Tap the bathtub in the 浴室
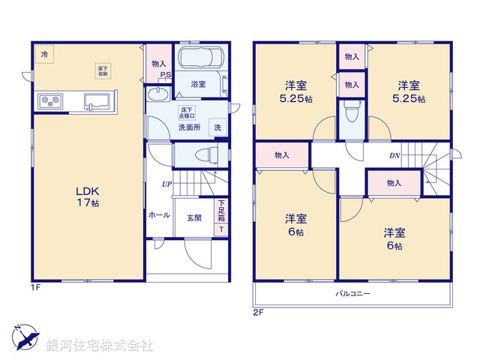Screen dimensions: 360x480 pyautogui.click(x=198, y=58)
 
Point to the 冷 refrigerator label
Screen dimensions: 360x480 pyautogui.click(x=44, y=55)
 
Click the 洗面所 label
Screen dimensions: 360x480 pyautogui.click(x=188, y=127)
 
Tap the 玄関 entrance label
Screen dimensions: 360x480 pyautogui.click(x=194, y=217)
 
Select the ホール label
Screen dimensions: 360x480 pyautogui.click(x=158, y=214)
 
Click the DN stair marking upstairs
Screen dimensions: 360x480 pyautogui.click(x=394, y=156)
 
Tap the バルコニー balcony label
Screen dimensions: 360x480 pyautogui.click(x=352, y=293)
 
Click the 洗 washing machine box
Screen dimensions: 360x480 pyautogui.click(x=217, y=128)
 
